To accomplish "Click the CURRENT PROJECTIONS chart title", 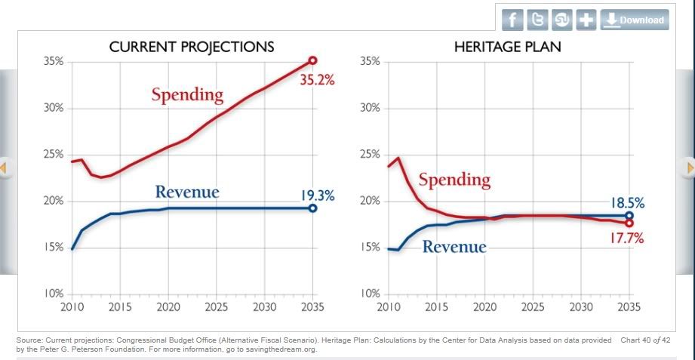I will point(191,47).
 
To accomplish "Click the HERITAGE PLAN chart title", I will point(507,47).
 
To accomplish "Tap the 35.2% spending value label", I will point(317,80).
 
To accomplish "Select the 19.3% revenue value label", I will point(318,195).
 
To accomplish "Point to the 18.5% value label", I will point(627,203).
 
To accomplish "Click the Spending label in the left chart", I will point(187,95).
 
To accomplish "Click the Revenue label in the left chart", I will point(187,192).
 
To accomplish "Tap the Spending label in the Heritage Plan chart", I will point(454,180).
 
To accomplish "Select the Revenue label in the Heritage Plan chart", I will point(454,246).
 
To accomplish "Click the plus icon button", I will point(586,20).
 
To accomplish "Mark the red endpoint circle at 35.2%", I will point(312,60).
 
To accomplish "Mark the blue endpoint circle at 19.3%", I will point(312,208).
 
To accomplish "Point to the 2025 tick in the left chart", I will point(217,307).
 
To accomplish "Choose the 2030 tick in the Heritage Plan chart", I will point(581,307).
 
